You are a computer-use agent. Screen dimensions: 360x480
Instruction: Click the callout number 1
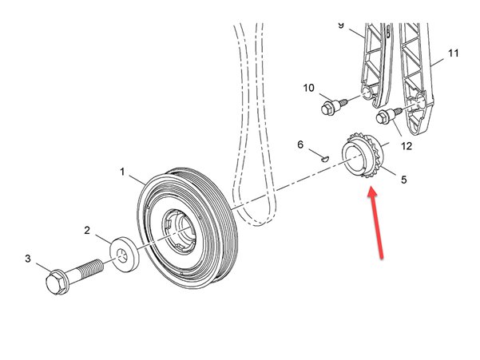click(122, 172)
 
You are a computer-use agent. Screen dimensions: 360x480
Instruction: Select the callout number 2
click(87, 230)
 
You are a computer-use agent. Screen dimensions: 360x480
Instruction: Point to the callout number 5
click(403, 180)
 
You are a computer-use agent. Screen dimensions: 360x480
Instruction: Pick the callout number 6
click(300, 145)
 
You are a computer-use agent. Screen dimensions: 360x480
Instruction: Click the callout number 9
click(341, 26)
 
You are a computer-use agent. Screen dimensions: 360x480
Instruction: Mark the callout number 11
click(453, 53)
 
